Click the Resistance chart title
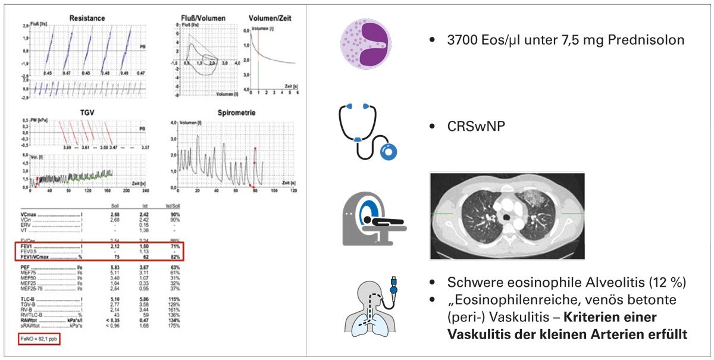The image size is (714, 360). click(x=87, y=18)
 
